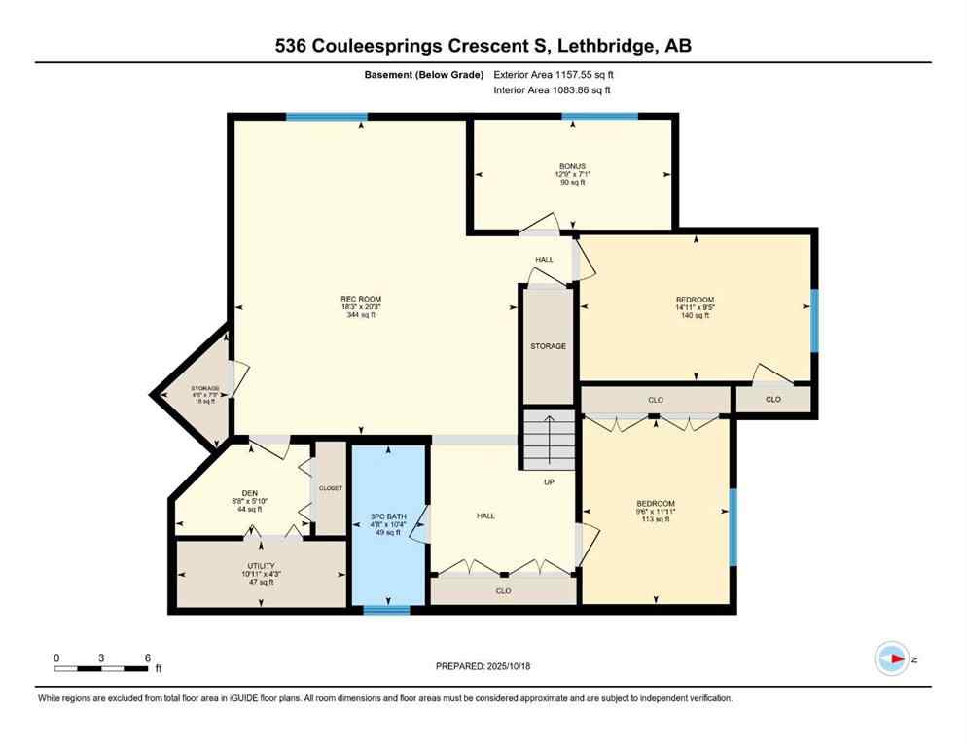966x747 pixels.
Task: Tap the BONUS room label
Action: pyautogui.click(x=571, y=174)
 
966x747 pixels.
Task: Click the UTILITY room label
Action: pyautogui.click(x=261, y=573)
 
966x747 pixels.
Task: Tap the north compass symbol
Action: pyautogui.click(x=892, y=658)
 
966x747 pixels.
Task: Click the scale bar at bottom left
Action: pyautogui.click(x=101, y=667)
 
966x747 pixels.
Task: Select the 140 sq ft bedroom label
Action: pyautogui.click(x=695, y=306)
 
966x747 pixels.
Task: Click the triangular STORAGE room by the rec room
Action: pyautogui.click(x=199, y=394)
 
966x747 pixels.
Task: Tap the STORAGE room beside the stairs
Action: pyautogui.click(x=548, y=345)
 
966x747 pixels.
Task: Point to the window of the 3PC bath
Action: pyautogui.click(x=386, y=610)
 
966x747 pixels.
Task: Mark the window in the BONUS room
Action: pyautogui.click(x=599, y=117)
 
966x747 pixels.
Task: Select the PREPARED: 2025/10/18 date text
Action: pyautogui.click(x=483, y=666)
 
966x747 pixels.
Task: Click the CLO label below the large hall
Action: pyautogui.click(x=503, y=590)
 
